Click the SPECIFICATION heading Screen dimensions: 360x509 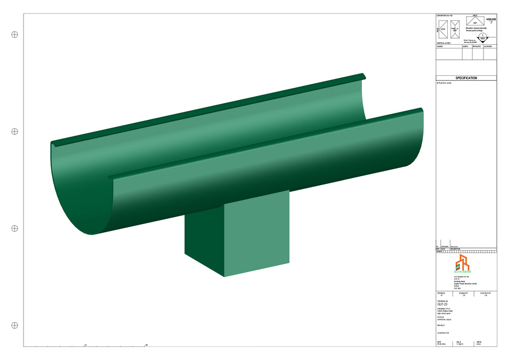point(466,78)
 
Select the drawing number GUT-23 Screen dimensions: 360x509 point(443,304)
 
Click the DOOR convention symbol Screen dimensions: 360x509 point(443,29)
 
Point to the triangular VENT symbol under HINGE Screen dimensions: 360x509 point(475,21)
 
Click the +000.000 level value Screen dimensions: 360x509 point(491,20)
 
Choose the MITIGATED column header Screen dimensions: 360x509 point(477,47)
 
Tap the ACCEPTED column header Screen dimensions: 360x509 point(488,47)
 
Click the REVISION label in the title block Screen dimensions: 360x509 point(441,293)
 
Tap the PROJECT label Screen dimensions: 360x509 point(441,325)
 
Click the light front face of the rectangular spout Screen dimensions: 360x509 point(256,233)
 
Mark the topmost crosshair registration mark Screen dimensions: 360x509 point(15,34)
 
